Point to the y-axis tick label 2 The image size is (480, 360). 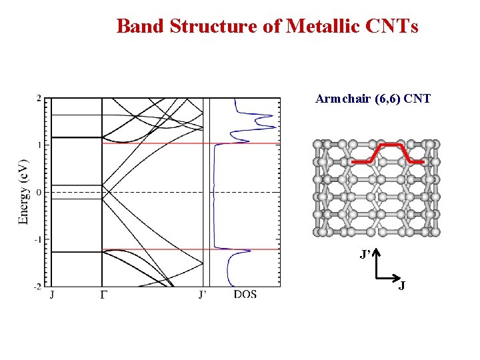(39, 99)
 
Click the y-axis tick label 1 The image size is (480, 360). (39, 145)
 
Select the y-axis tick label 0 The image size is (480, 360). (39, 193)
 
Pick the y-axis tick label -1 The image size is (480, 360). (37, 239)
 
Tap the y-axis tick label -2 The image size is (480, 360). (37, 287)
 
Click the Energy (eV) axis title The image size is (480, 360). (24, 191)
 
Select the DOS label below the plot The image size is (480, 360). (245, 294)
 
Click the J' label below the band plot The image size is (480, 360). (202, 294)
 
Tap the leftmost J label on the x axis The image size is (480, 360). (52, 295)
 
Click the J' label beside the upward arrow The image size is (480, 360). (365, 255)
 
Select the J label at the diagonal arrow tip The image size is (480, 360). (402, 285)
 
